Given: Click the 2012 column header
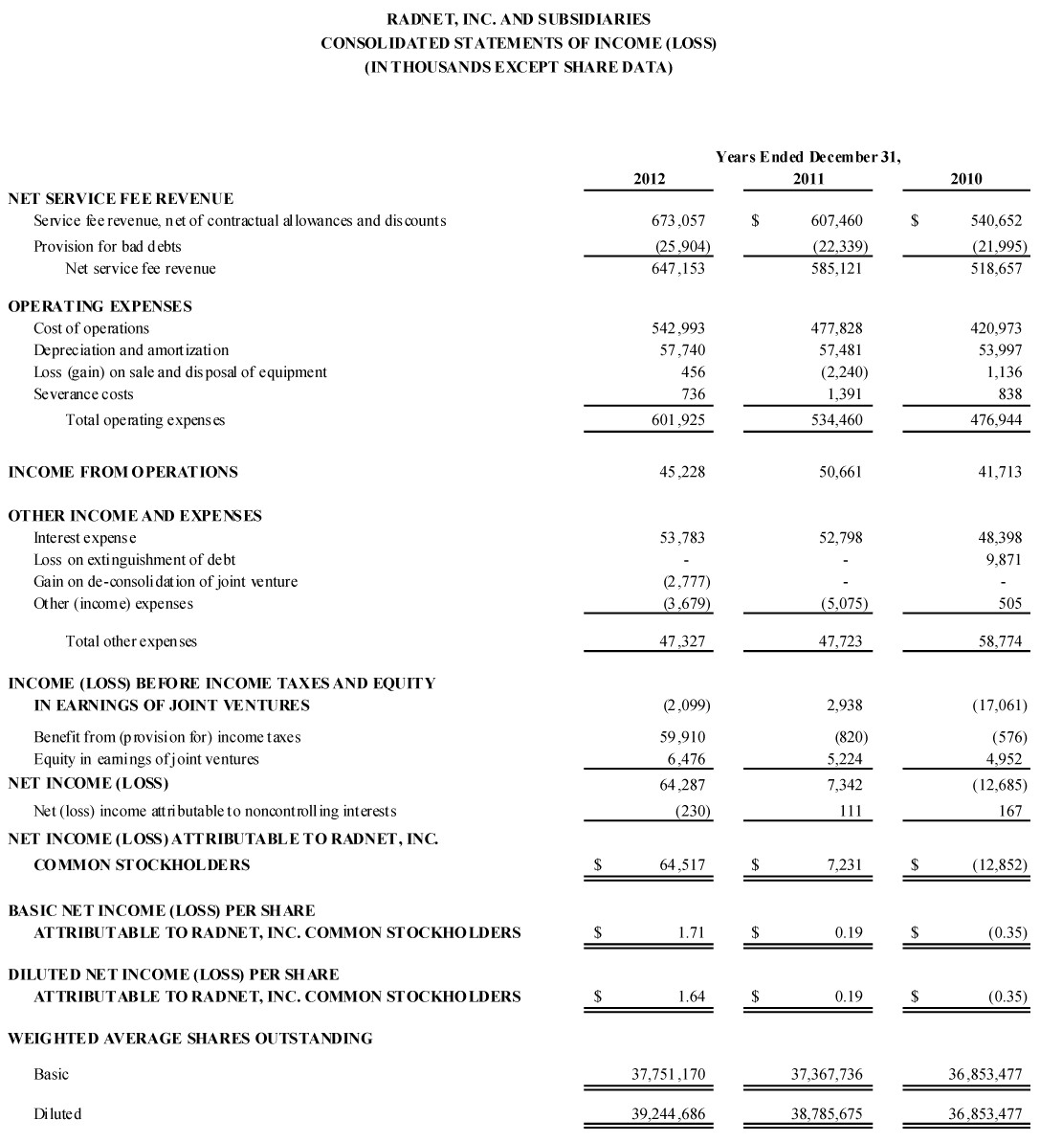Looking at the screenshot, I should click(649, 179).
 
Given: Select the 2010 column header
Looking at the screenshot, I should click(966, 179).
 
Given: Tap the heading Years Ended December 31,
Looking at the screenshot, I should click(808, 157).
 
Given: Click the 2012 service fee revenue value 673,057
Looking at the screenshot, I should click(677, 221).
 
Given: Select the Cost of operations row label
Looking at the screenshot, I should click(92, 328).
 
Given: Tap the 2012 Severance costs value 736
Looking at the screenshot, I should click(694, 394).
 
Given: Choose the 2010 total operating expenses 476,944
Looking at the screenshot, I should click(995, 420).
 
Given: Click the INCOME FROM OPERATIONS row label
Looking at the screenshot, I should click(123, 472).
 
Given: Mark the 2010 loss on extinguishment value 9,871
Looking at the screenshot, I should click(1003, 560).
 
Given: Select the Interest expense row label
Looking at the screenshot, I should click(85, 538).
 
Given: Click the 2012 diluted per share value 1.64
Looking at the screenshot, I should click(691, 996).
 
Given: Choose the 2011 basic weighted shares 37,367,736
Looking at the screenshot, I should click(827, 1074).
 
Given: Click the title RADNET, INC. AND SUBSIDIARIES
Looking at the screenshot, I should click(520, 19).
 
